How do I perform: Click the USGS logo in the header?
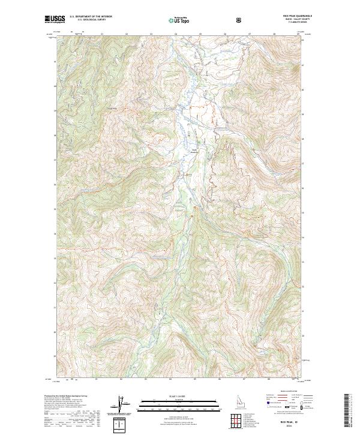55,19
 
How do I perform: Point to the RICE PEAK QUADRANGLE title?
298,17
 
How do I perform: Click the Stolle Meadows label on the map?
194,151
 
